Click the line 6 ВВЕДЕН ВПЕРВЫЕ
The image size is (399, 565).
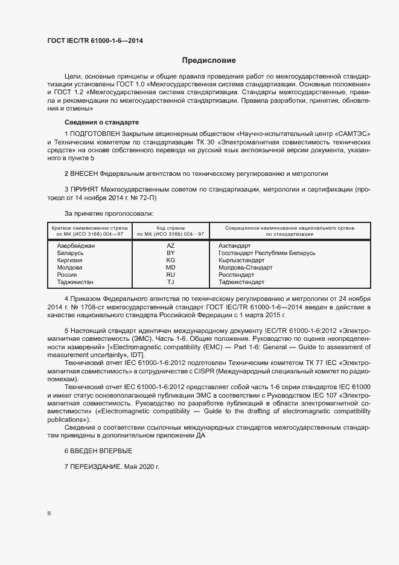98,451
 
